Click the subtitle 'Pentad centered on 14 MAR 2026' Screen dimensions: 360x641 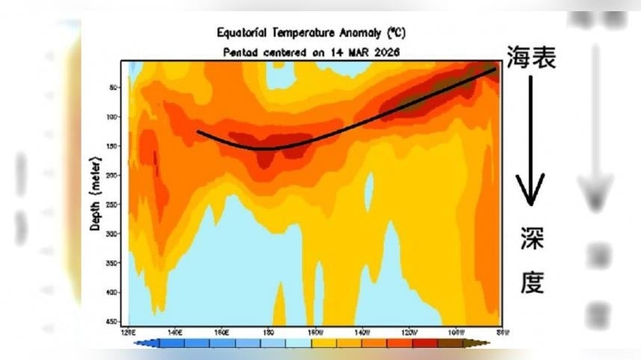tap(312, 52)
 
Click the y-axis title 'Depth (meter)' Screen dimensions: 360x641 tap(95, 193)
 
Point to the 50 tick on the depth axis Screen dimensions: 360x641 tap(114, 87)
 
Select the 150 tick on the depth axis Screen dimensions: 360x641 tap(113, 146)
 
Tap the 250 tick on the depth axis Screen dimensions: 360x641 tap(113, 205)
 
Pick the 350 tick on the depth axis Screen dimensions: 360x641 tap(113, 264)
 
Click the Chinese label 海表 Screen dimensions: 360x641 tap(531, 58)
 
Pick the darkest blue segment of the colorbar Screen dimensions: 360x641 tap(173, 344)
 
